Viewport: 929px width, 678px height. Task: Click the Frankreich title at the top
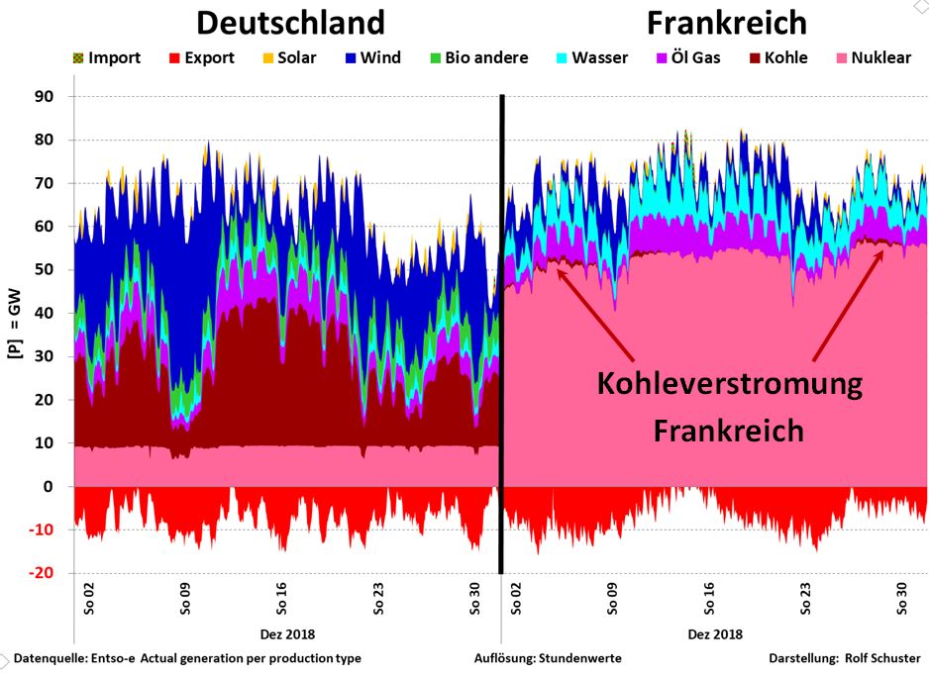pyautogui.click(x=727, y=23)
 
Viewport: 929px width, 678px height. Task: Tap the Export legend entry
pyautogui.click(x=200, y=57)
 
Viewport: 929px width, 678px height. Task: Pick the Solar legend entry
pyautogui.click(x=287, y=57)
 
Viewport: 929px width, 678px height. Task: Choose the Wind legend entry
pyautogui.click(x=371, y=57)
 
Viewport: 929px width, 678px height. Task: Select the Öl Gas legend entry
pyautogui.click(x=690, y=57)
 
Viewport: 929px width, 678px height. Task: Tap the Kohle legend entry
pyautogui.click(x=776, y=57)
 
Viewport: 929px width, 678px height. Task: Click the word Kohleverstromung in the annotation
pyautogui.click(x=729, y=384)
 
